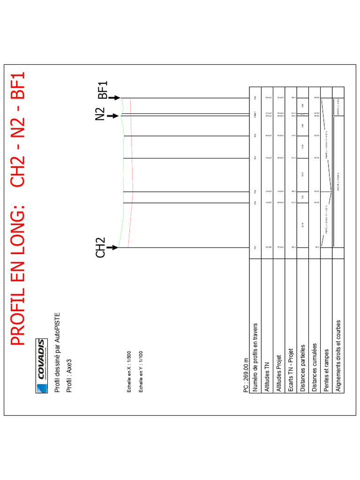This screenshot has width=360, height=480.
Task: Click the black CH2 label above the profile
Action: pos(100,247)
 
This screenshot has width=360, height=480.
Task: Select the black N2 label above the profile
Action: pos(100,114)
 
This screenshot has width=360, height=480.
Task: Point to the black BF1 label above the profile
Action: pos(103,90)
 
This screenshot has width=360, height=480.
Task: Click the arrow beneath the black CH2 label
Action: pos(112,247)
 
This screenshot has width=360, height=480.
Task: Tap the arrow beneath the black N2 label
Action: pos(112,115)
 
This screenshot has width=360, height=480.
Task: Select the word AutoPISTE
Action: pos(57,328)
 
